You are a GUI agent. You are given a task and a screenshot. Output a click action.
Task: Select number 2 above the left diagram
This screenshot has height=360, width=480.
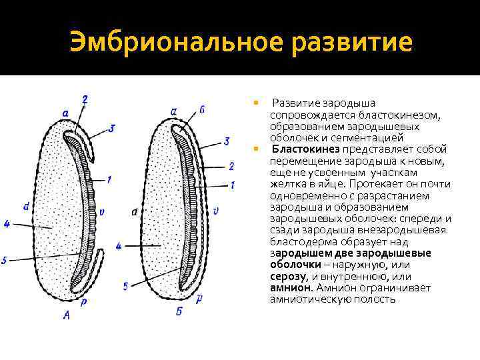click(x=85, y=100)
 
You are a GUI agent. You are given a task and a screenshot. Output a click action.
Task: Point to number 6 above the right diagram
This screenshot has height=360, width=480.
click(x=202, y=109)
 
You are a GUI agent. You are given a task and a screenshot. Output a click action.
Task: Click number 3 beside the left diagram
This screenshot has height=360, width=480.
click(x=112, y=127)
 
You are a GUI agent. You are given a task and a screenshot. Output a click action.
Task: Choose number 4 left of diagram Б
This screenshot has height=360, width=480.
click(x=119, y=246)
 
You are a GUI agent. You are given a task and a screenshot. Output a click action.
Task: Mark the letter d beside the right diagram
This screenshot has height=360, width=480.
click(x=135, y=212)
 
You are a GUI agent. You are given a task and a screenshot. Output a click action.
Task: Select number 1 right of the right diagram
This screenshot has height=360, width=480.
click(x=233, y=185)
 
